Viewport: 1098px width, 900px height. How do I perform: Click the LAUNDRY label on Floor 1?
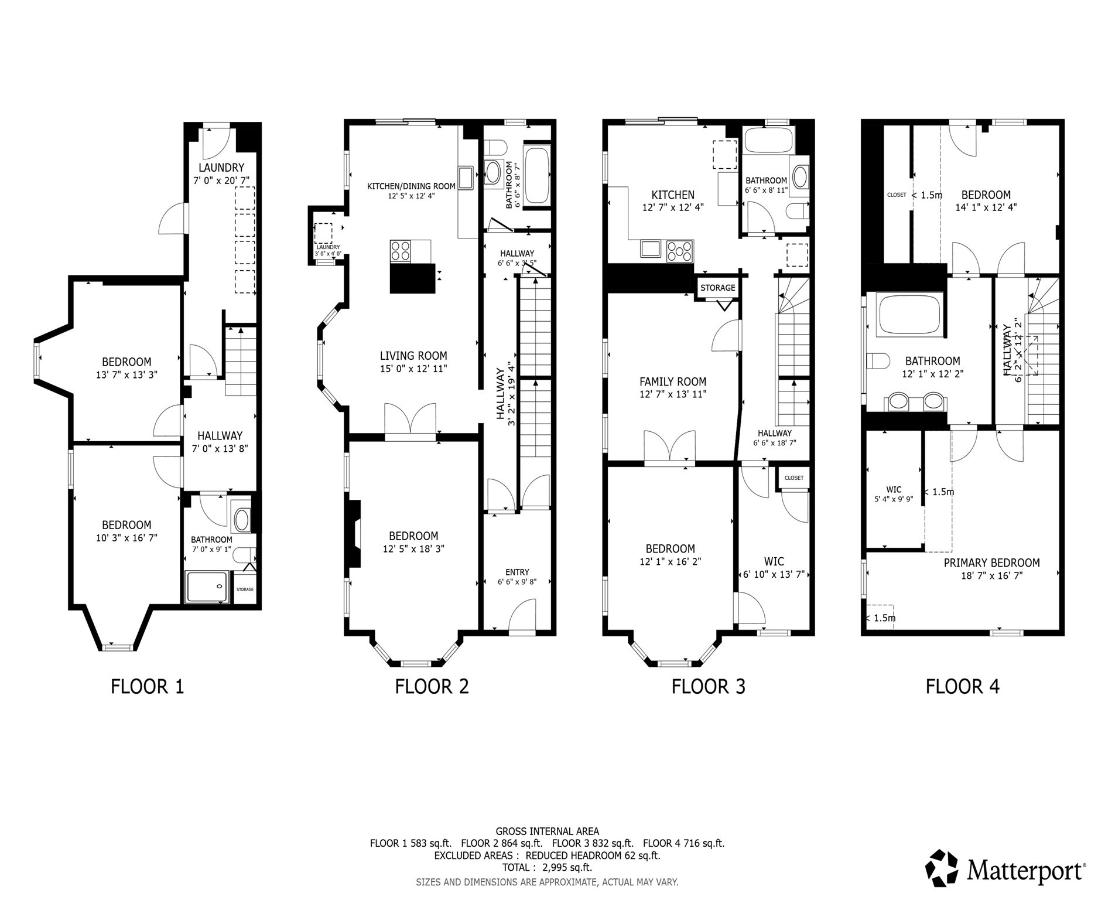pyautogui.click(x=220, y=168)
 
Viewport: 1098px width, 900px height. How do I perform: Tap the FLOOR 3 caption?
pyautogui.click(x=708, y=686)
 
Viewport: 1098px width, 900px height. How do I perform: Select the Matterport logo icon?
pyautogui.click(x=942, y=868)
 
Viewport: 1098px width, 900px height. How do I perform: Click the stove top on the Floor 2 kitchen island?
pyautogui.click(x=401, y=251)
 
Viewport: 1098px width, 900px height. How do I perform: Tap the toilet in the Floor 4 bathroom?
pyautogui.click(x=879, y=361)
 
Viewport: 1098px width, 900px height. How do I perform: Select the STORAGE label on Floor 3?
pyautogui.click(x=717, y=288)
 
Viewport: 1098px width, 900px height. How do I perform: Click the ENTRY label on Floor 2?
pyautogui.click(x=517, y=572)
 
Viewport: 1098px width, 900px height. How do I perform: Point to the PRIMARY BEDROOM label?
pyautogui.click(x=991, y=563)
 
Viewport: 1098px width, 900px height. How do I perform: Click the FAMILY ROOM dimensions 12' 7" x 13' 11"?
pyautogui.click(x=673, y=394)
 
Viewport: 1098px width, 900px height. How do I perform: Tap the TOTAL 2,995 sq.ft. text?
pyautogui.click(x=547, y=867)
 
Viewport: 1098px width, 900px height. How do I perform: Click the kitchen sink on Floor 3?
pyautogui.click(x=651, y=249)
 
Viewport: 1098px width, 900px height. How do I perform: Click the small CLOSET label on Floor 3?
pyautogui.click(x=794, y=478)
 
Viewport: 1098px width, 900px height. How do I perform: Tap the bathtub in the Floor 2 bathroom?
pyautogui.click(x=537, y=175)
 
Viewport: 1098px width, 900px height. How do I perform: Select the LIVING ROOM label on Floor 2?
pyautogui.click(x=413, y=356)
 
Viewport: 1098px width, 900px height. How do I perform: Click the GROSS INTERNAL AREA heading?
pyautogui.click(x=547, y=831)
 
